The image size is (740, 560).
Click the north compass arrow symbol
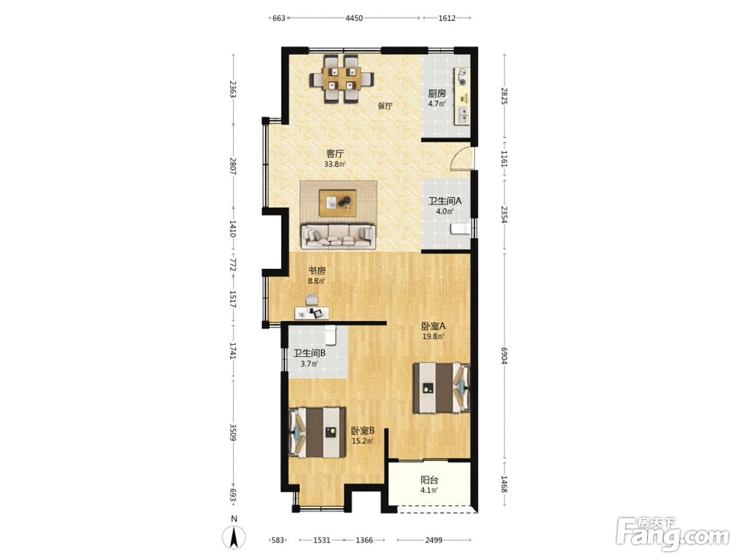234,537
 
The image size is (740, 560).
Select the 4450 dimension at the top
354,18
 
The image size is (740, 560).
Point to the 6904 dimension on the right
504,356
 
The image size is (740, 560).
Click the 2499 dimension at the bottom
434,540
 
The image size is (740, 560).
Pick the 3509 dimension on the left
232,432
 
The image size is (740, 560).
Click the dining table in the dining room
342,79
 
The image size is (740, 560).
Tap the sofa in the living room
339,237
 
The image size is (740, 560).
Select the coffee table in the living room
337,203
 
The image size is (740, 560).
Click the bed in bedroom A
442,387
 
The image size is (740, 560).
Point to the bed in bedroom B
317,432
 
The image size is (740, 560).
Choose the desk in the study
311,312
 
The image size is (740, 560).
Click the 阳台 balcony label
429,480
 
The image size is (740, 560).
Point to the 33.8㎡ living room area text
334,164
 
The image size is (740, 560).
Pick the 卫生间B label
309,353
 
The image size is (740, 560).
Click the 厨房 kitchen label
436,93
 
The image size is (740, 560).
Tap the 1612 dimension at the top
447,18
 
